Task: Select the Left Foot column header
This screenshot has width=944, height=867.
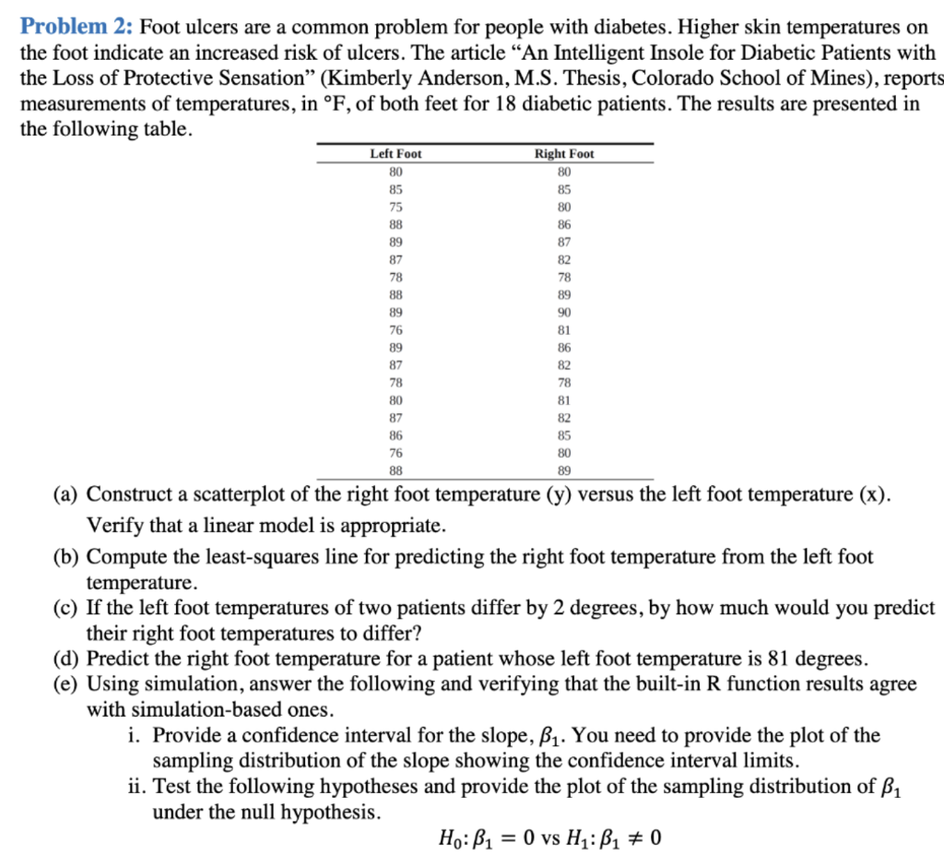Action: point(395,154)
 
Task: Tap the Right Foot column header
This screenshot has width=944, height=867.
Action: point(564,154)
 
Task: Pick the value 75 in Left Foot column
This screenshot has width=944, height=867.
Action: point(395,207)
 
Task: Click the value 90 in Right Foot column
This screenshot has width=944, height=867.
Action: point(564,313)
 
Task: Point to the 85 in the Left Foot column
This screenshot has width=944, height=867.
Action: point(395,189)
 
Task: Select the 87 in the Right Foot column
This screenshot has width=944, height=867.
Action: point(564,242)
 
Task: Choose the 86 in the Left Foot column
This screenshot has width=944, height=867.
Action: point(395,434)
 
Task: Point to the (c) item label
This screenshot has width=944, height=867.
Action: point(65,609)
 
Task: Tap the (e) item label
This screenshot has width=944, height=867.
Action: point(65,685)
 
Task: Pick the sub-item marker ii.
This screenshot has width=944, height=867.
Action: point(137,788)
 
